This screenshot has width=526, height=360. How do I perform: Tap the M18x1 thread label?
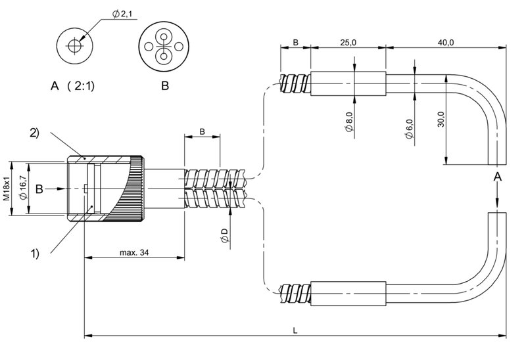click(6, 188)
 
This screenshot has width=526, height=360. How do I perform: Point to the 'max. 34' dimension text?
click(134, 253)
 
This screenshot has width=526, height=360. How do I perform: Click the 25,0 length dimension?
click(348, 42)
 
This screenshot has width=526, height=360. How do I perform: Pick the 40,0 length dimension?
click(446, 42)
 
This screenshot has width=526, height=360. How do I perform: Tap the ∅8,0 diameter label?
click(348, 124)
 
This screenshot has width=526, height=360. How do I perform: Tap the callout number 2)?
click(34, 132)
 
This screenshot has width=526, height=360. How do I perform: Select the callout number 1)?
click(35, 252)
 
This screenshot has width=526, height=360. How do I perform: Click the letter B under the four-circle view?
click(164, 85)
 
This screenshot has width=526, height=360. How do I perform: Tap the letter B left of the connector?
click(39, 189)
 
